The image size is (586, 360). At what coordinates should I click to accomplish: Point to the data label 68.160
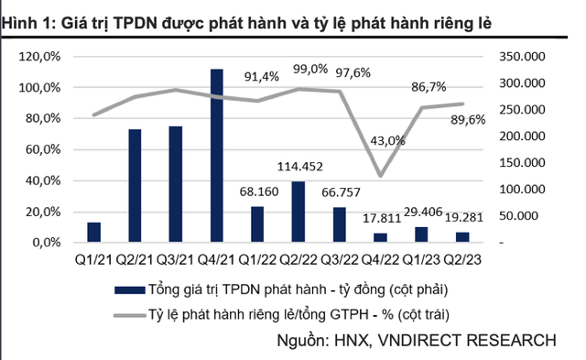click(x=256, y=192)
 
